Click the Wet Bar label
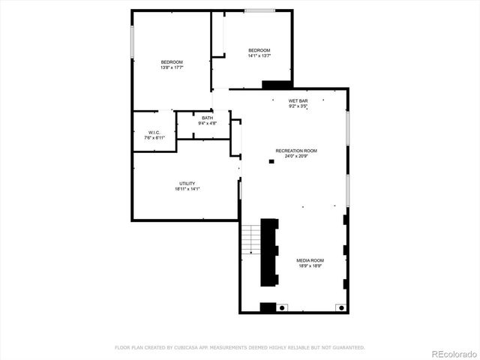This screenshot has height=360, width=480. coord(298,100)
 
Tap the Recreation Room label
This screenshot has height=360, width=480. coord(296,151)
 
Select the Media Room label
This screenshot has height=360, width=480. coord(310,260)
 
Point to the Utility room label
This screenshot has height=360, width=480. coord(187,184)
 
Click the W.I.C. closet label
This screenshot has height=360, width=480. coord(154,133)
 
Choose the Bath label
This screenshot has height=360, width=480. coord(207,118)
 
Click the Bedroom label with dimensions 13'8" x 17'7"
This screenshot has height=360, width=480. coord(172,61)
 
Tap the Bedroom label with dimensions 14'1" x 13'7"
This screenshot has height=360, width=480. coord(259,50)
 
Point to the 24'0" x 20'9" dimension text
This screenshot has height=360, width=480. coord(296,156)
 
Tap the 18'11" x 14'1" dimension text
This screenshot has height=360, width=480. coord(187,189)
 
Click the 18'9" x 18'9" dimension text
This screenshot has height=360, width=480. coord(310,265)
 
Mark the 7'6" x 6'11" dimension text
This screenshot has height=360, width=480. coord(154,139)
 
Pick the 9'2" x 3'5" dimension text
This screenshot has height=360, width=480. coord(298,106)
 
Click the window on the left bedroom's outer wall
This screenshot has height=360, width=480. coord(133,41)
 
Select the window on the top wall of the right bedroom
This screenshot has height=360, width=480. coord(259,10)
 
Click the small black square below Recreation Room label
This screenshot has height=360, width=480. coord(271,160)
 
